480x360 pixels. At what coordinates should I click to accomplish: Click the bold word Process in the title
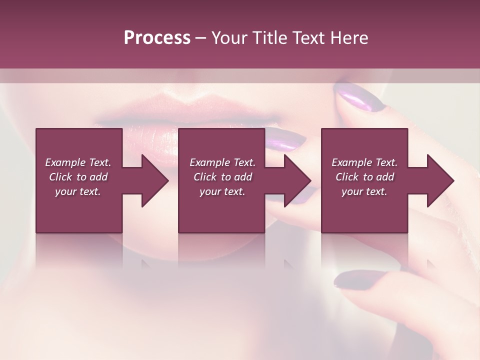click(157, 38)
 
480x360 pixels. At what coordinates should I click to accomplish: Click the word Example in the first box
click(65, 162)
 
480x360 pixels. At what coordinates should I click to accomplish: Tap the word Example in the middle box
click(209, 162)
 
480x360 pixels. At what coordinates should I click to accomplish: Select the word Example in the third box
click(351, 162)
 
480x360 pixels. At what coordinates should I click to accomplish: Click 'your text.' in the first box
click(78, 191)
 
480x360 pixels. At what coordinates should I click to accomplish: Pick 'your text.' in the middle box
click(222, 191)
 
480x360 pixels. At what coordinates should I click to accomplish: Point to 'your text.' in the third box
click(364, 191)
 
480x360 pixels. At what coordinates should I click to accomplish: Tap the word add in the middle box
click(243, 177)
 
